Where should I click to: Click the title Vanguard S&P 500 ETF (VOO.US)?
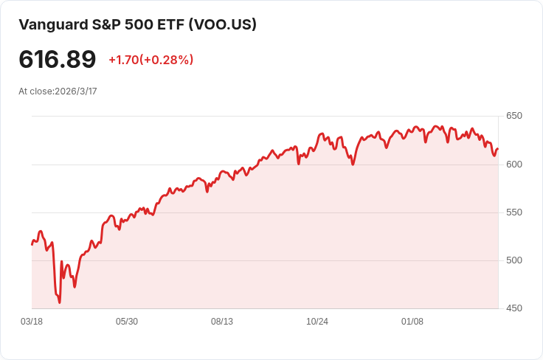(137, 24)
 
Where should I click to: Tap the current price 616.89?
(58, 60)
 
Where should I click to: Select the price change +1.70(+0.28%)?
(151, 60)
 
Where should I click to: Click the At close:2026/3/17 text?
(58, 91)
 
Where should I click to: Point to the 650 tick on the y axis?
(514, 116)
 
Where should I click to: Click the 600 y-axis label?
(514, 164)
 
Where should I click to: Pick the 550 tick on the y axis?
(514, 212)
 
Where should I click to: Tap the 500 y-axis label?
(514, 260)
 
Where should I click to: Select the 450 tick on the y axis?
(514, 308)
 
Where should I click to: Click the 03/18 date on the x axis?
(32, 322)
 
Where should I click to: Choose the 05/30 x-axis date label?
(127, 322)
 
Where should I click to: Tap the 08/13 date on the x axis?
(222, 322)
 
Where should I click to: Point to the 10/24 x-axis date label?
(317, 322)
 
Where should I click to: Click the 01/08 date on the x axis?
(412, 322)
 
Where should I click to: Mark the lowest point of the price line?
(60, 302)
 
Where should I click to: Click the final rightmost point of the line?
(498, 149)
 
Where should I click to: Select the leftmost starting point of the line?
(32, 244)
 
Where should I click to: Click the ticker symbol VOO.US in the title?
(223, 24)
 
